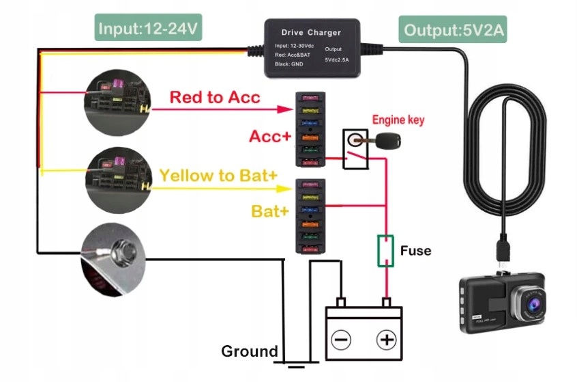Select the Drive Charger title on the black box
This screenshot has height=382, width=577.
pyautogui.click(x=311, y=32)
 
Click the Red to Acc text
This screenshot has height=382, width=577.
pyautogui.click(x=215, y=98)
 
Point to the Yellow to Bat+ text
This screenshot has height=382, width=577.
pyautogui.click(x=218, y=176)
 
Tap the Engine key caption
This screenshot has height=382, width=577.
pyautogui.click(x=398, y=120)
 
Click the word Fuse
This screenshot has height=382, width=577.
pyautogui.click(x=415, y=251)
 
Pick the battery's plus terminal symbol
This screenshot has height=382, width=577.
pyautogui.click(x=387, y=339)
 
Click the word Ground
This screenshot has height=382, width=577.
pyautogui.click(x=249, y=352)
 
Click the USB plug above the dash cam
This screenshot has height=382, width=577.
pyautogui.click(x=501, y=254)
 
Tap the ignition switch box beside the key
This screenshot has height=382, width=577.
pyautogui.click(x=353, y=148)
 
